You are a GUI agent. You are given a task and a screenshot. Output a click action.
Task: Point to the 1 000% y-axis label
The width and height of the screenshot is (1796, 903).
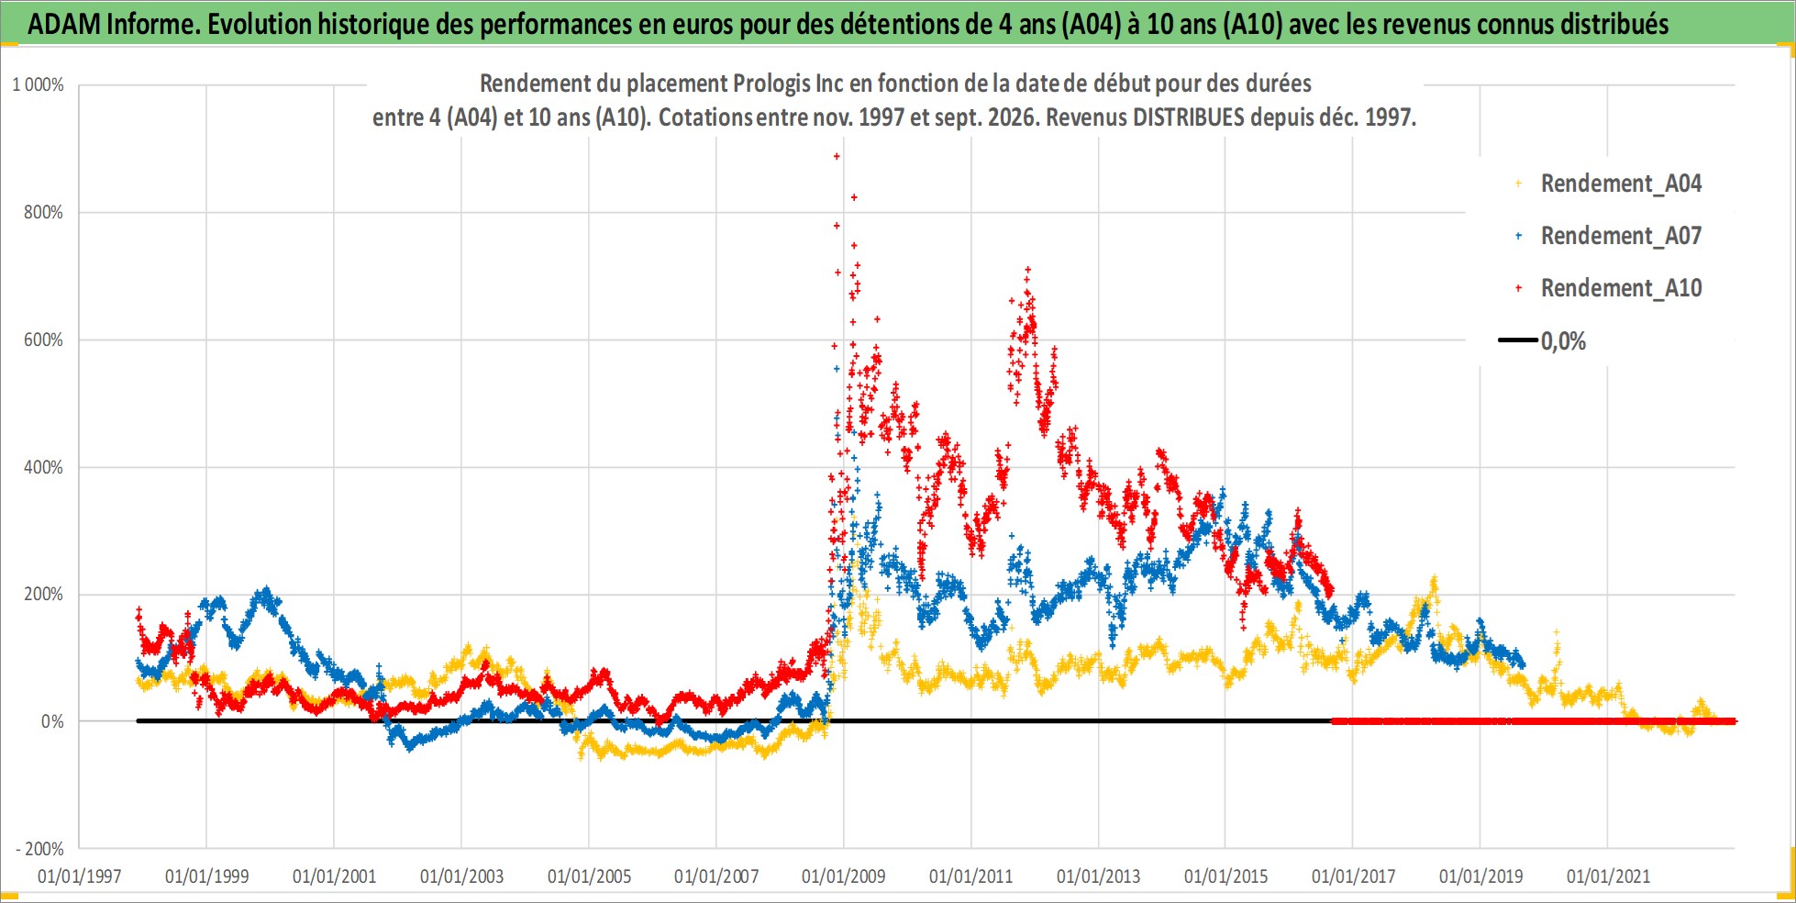[x=38, y=84]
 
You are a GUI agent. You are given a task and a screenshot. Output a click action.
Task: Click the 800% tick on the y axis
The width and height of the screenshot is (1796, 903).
[x=44, y=212]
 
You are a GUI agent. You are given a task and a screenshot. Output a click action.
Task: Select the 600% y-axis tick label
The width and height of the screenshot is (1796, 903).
[x=44, y=340]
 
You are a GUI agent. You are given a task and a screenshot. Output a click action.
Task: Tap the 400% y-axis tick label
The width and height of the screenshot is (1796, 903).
[x=44, y=467]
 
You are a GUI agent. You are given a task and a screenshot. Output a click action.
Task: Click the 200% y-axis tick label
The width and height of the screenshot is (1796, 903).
[x=44, y=594]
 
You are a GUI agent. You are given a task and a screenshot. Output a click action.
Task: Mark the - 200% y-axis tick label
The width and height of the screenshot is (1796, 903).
[x=39, y=849]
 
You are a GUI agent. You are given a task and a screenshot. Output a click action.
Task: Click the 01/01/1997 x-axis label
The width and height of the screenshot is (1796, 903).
[x=80, y=876]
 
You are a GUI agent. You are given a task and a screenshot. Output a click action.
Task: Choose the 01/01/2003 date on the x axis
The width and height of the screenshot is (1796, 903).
[x=461, y=876]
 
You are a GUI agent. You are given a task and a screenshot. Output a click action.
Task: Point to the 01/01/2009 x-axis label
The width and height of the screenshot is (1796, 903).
[x=844, y=876]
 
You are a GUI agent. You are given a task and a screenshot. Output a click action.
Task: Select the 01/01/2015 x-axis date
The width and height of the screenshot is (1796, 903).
[x=1225, y=876]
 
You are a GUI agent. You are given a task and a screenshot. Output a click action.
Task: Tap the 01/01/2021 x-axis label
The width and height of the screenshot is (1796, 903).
[x=1608, y=876]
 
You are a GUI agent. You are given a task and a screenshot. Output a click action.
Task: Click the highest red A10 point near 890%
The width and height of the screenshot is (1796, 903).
[x=837, y=156]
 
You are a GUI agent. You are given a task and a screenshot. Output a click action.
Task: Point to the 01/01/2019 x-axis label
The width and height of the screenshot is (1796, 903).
[x=1480, y=876]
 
